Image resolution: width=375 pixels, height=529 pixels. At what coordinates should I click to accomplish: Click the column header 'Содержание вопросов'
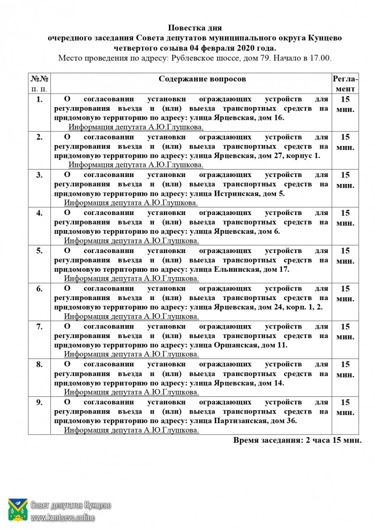202,79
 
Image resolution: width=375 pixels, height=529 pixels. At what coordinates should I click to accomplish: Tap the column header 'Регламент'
346,83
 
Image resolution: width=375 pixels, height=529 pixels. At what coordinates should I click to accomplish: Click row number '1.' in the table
39,99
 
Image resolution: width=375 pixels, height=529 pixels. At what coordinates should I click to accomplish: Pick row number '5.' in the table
39,250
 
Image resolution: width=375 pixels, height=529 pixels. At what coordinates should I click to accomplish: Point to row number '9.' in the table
39,402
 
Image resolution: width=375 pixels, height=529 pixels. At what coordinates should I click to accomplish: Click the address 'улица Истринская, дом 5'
236,194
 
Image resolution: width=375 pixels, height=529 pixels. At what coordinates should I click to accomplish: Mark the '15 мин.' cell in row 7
346,332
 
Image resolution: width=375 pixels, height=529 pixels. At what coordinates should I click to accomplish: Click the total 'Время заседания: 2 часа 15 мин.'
297,440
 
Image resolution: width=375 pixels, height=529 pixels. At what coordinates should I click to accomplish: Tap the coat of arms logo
18,510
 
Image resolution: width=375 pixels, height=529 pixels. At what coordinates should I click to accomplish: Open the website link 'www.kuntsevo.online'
63,517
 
